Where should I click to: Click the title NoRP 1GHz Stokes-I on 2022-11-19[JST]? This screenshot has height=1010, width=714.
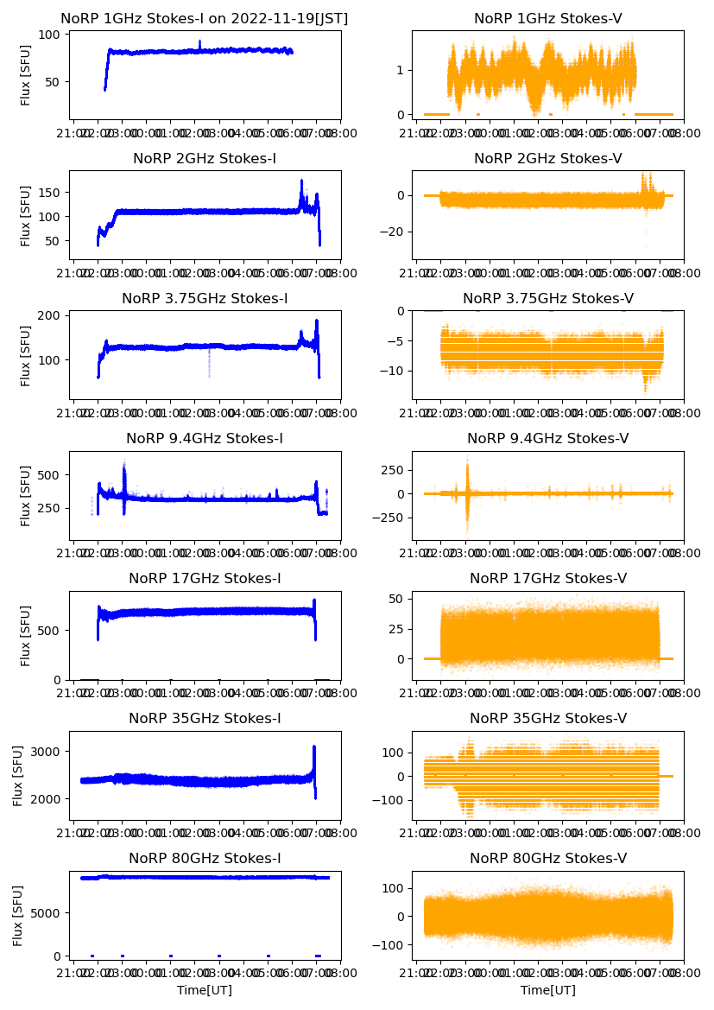205,18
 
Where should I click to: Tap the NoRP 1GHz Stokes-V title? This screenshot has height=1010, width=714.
548,18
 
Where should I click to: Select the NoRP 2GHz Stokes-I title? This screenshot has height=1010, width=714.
205,158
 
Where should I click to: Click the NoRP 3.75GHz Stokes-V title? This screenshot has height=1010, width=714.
548,298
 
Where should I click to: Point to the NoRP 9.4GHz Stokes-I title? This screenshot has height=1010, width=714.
205,438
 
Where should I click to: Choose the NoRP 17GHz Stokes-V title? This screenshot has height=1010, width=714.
548,578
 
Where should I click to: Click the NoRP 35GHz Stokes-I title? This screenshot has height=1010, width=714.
205,718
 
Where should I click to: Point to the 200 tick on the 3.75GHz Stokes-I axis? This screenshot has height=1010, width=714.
51,315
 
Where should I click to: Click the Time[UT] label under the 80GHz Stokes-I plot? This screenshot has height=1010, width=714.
205,990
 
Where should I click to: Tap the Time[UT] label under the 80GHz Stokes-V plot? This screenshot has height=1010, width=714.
548,990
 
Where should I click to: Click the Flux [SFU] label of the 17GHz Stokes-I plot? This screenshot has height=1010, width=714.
26,635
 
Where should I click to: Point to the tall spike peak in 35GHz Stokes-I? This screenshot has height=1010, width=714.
314,746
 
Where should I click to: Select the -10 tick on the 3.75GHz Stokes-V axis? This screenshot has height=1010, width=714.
394,371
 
